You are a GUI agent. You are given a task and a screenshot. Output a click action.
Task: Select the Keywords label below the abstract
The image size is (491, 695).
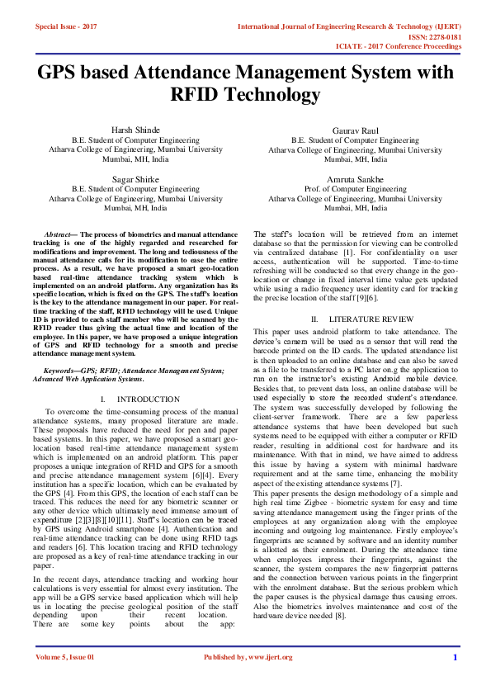tap(62, 371)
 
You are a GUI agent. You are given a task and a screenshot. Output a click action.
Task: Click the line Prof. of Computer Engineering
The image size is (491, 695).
tap(355, 189)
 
